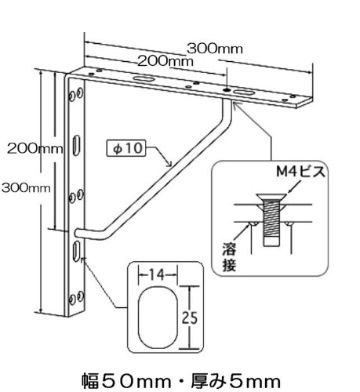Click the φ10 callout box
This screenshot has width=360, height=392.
126,148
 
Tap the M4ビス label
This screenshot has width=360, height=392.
301,172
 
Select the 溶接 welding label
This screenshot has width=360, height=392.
229,257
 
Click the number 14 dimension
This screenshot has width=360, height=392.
158,275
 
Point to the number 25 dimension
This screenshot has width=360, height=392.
190,318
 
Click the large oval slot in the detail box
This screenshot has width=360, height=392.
158,318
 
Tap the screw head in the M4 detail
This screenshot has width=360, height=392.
271,198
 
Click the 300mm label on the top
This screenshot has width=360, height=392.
215,49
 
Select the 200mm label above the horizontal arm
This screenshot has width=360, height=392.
165,61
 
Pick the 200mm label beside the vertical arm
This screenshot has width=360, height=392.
35,149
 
